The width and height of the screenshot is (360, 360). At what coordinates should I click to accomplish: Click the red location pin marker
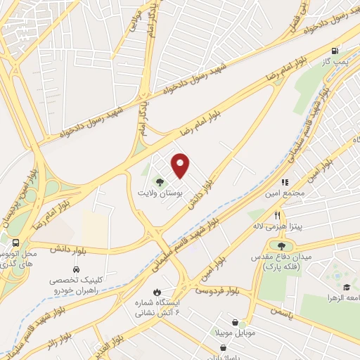(x=181, y=165)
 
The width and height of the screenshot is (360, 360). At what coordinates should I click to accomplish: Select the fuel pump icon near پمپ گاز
(x=334, y=51)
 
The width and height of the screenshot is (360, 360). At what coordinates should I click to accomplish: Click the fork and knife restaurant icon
(x=278, y=216)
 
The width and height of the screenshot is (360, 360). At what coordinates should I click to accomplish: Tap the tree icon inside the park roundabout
(x=281, y=246)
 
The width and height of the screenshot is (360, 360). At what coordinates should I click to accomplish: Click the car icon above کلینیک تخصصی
(x=75, y=269)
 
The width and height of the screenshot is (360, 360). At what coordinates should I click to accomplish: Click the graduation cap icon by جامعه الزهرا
(x=345, y=288)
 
